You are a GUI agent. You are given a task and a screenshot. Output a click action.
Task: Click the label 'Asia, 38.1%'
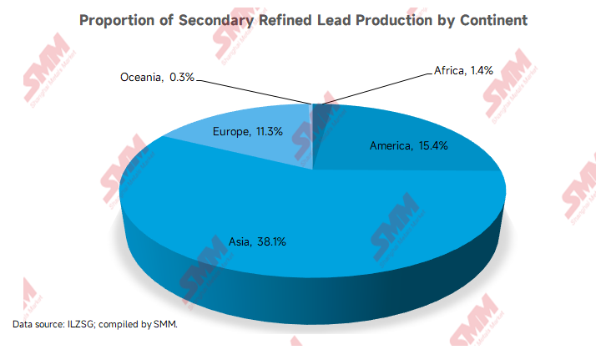coord(258,241)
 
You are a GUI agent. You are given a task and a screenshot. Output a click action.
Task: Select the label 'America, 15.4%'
coord(408,146)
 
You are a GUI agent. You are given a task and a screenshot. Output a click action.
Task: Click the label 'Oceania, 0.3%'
coord(158,77)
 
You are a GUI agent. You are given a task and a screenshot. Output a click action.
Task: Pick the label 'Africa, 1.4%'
coord(463,71)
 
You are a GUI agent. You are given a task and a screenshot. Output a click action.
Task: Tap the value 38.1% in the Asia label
coord(273,241)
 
